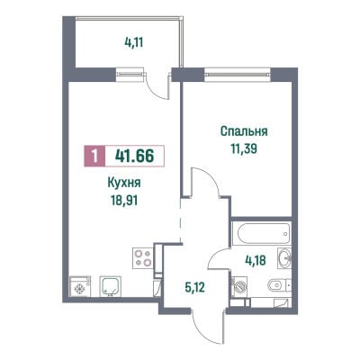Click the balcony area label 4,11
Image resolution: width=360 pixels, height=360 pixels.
(134, 42)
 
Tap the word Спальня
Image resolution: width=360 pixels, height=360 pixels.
(244, 131)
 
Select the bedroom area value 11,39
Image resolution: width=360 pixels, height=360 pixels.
(244, 148)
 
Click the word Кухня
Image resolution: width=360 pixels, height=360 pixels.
(124, 183)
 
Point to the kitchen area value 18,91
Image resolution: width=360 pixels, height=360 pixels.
(124, 200)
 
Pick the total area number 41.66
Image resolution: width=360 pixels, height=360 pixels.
(134, 156)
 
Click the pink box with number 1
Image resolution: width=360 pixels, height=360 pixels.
(94, 156)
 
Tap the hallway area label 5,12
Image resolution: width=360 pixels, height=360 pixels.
(194, 288)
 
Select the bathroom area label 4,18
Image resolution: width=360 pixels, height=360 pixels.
(256, 260)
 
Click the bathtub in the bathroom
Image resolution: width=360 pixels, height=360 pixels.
(261, 233)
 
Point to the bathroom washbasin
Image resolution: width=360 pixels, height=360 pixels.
(284, 257)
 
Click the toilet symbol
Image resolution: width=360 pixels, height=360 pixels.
(279, 285)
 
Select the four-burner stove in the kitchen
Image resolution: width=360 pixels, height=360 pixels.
(142, 257)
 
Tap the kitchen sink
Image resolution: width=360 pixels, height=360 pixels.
(110, 286)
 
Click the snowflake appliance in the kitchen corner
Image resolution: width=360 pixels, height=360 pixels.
(80, 286)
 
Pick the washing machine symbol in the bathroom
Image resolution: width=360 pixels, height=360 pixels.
(239, 286)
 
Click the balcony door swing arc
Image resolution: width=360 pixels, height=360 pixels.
(156, 90)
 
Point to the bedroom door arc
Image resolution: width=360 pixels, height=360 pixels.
(211, 177)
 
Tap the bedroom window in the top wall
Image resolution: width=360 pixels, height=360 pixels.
(238, 74)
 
